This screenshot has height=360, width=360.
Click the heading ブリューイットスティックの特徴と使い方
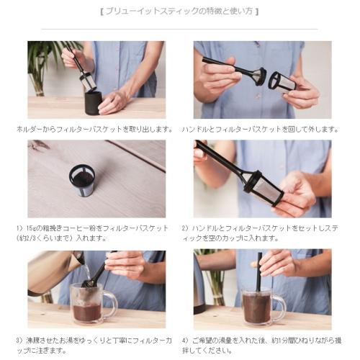click(x=179, y=12)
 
